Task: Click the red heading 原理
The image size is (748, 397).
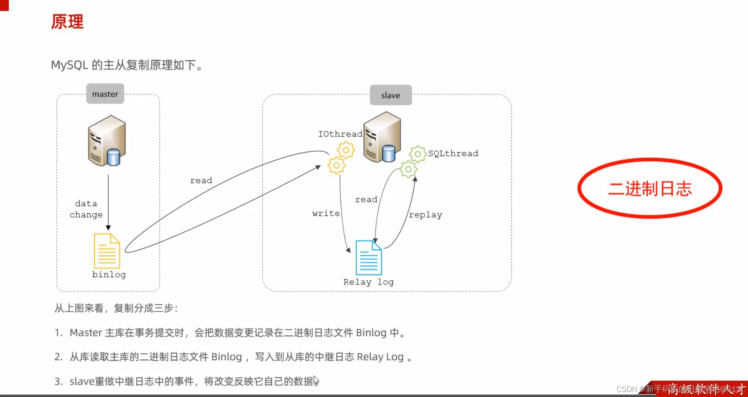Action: click(67, 22)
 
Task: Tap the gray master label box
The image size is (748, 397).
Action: click(105, 94)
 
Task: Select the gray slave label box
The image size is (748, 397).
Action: click(390, 95)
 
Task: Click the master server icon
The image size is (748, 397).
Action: click(106, 141)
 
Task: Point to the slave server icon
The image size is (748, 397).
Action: click(382, 137)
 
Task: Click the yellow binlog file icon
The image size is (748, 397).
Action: click(107, 251)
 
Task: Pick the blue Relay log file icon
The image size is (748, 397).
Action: click(369, 258)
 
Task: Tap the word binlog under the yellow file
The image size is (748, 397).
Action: click(109, 275)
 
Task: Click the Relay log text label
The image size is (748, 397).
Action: click(368, 282)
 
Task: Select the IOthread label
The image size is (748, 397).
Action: click(340, 134)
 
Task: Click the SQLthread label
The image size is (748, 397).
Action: click(453, 153)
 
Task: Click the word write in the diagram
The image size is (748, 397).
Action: click(326, 214)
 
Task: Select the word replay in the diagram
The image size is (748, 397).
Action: click(425, 215)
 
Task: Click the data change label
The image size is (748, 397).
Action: click(86, 209)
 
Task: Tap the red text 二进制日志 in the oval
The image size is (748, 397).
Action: click(650, 188)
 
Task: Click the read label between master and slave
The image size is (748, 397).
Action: click(201, 181)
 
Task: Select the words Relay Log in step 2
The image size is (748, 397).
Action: click(380, 357)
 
